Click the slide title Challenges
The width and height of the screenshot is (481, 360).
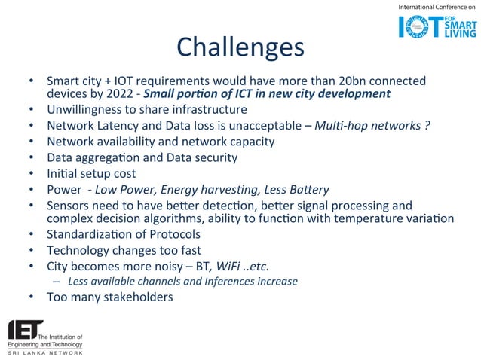pos(240,47)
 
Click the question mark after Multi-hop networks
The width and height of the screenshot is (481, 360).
pos(427,126)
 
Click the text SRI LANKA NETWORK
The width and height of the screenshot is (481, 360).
pos(44,352)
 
